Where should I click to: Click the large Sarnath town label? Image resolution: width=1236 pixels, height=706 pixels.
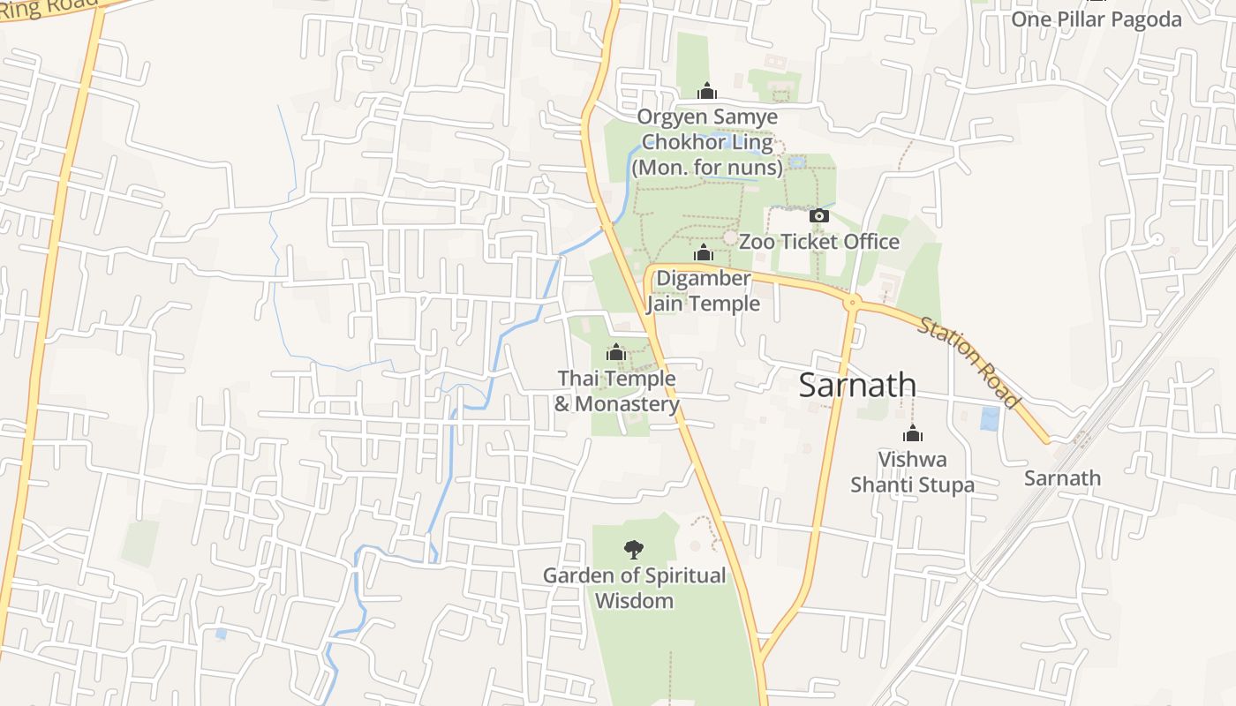(857, 386)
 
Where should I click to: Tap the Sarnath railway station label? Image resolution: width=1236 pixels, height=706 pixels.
(1062, 478)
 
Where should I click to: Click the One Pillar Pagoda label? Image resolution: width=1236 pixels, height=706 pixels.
(1096, 19)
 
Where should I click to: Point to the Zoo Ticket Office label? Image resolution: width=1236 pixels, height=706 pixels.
(818, 242)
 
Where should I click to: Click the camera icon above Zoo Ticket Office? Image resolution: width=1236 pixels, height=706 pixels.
(818, 216)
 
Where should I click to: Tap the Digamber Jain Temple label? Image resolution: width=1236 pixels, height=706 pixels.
(703, 291)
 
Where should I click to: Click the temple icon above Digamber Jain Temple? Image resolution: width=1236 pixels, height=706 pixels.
(703, 254)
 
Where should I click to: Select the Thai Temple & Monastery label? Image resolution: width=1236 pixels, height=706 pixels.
(616, 391)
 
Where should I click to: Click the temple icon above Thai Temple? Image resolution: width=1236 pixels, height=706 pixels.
(616, 354)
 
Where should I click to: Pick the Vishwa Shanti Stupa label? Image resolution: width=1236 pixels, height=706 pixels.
(912, 472)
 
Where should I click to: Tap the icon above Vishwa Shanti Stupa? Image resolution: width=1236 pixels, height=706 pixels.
(912, 434)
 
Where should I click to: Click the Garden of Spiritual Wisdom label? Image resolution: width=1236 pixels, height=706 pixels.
(634, 588)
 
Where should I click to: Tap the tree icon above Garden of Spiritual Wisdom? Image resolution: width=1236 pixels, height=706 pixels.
(633, 550)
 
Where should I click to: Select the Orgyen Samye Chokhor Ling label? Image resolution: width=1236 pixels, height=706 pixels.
(707, 142)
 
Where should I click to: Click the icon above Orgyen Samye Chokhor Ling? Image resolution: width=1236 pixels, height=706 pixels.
(706, 91)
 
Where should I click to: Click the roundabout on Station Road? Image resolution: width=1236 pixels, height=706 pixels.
(852, 303)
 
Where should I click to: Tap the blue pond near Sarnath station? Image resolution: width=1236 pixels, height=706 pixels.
(990, 418)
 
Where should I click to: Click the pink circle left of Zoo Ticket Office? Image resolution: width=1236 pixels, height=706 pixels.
(730, 238)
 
